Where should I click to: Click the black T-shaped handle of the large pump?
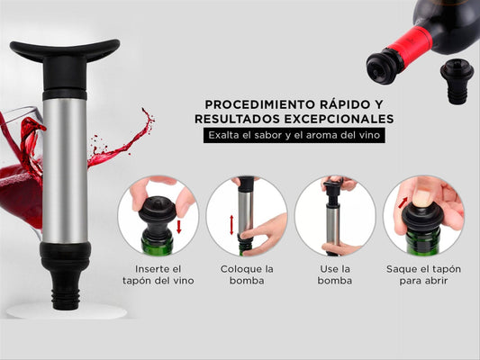click(65, 51)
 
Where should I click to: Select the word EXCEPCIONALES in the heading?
click(338, 119)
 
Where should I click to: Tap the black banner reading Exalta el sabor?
click(294, 136)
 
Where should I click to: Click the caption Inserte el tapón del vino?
click(158, 274)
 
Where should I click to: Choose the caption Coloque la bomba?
click(246, 274)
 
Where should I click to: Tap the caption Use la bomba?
click(334, 274)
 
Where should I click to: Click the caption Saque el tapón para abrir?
click(422, 274)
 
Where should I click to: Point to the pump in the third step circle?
click(332, 216)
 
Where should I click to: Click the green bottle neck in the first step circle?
click(157, 241)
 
